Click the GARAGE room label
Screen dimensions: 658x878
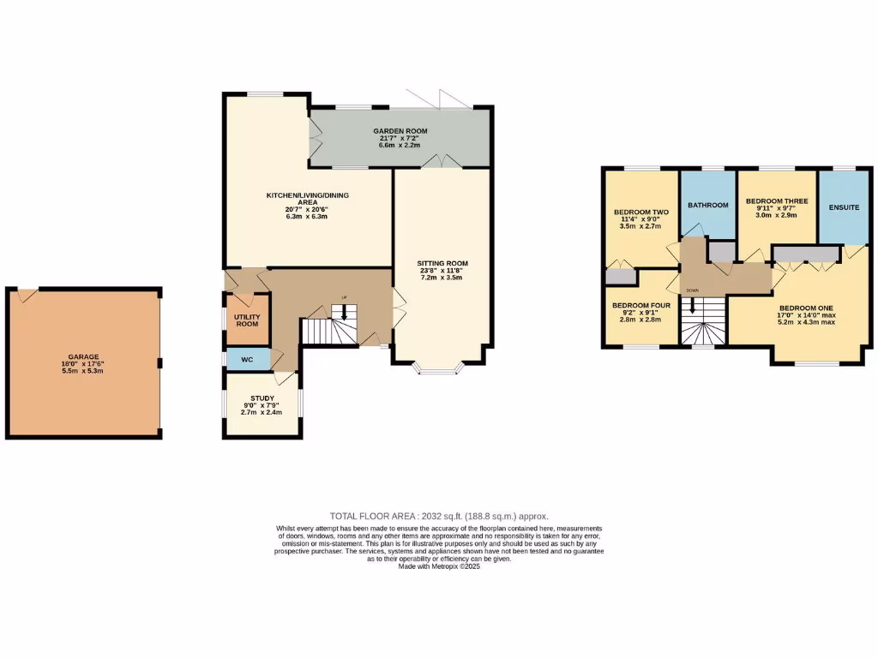pos(84,356)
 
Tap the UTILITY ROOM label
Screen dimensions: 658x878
pos(247,320)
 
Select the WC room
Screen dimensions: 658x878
pos(247,359)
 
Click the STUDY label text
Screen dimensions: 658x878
pos(262,398)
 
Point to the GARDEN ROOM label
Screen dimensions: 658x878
pos(400,131)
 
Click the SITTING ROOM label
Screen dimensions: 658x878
pos(442,263)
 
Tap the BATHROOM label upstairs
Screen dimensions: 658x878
pos(707,205)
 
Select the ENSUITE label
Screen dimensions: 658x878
pos(843,207)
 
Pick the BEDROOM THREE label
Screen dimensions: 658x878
pos(777,200)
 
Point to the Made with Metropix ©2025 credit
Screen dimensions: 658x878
pos(439,566)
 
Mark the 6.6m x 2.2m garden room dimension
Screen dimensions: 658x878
pos(400,145)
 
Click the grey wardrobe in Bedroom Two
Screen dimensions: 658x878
pos(619,276)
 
